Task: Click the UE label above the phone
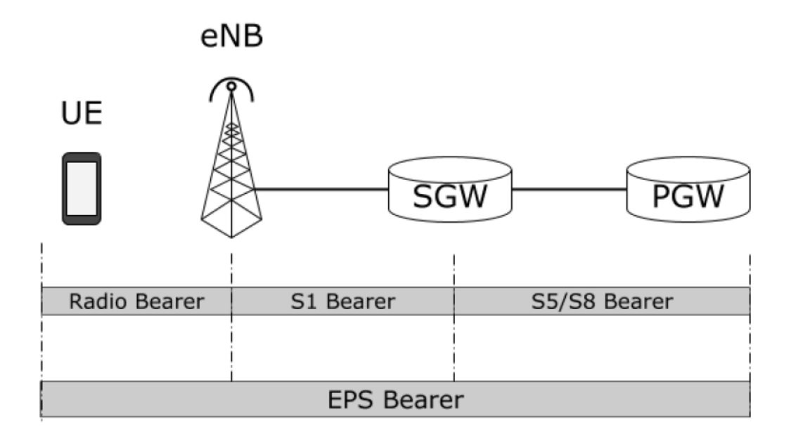[82, 114]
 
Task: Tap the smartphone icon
[82, 188]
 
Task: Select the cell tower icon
[231, 169]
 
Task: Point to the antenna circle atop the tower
[231, 86]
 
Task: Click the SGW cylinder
[450, 186]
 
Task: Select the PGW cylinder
[688, 186]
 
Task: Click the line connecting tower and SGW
[323, 189]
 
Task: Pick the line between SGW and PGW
[570, 189]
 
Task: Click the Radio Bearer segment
[136, 301]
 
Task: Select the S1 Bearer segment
[342, 301]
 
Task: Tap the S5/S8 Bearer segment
[602, 301]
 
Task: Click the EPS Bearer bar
[395, 399]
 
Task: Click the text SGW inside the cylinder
[450, 197]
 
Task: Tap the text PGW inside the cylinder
[688, 197]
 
